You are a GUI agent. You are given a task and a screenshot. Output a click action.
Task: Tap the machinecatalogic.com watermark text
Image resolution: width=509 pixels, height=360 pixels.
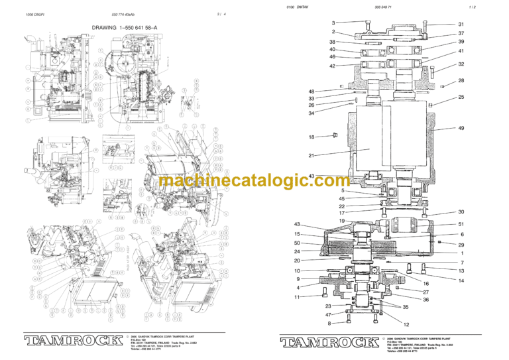[254, 181]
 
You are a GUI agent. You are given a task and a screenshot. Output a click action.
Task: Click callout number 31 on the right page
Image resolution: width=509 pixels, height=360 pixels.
[461, 25]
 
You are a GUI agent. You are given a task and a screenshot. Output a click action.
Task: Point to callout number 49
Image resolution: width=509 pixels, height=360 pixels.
[461, 128]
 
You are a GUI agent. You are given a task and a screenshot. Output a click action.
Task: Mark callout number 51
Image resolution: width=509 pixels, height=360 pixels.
[461, 224]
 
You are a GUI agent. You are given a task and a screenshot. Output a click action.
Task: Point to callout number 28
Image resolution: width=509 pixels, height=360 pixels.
[461, 81]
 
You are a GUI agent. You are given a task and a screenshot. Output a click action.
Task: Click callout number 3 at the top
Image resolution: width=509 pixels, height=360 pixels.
[333, 23]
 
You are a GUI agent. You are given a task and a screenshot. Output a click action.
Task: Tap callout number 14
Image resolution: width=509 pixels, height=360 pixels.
[461, 280]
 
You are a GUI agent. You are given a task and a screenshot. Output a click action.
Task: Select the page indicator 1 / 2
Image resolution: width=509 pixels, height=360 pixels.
[472, 7]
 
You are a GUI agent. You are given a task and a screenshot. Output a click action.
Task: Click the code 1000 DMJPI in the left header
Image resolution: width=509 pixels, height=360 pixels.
[34, 14]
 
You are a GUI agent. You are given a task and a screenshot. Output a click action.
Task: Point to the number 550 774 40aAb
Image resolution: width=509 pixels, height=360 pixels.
[125, 14]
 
